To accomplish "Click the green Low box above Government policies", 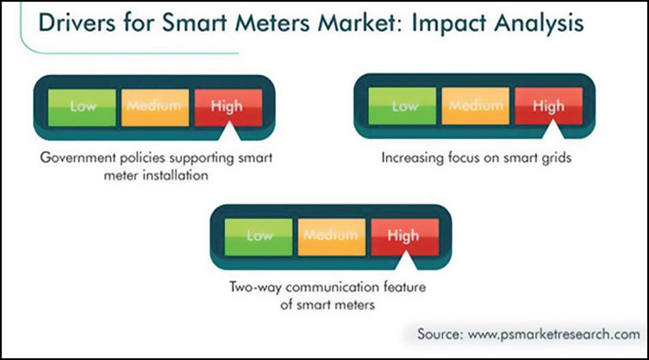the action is point(82,108).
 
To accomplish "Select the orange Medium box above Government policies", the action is point(155,108).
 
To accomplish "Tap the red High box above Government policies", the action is point(228,108).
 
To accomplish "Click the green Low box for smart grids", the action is point(403,106).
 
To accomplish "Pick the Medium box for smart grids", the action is point(476,106).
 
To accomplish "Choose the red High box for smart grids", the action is point(548,106).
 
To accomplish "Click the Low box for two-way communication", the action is point(259,237).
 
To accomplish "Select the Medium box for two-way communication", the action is point(332,237).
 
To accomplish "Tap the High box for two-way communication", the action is point(405,237).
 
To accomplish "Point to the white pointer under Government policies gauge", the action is point(229,132).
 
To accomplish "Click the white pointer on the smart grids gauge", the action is point(552,129).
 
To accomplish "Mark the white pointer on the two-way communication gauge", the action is point(406,261).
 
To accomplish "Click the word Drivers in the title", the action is point(77,22).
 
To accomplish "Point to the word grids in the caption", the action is point(556,158).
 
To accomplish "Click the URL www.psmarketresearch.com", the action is point(554,334).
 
